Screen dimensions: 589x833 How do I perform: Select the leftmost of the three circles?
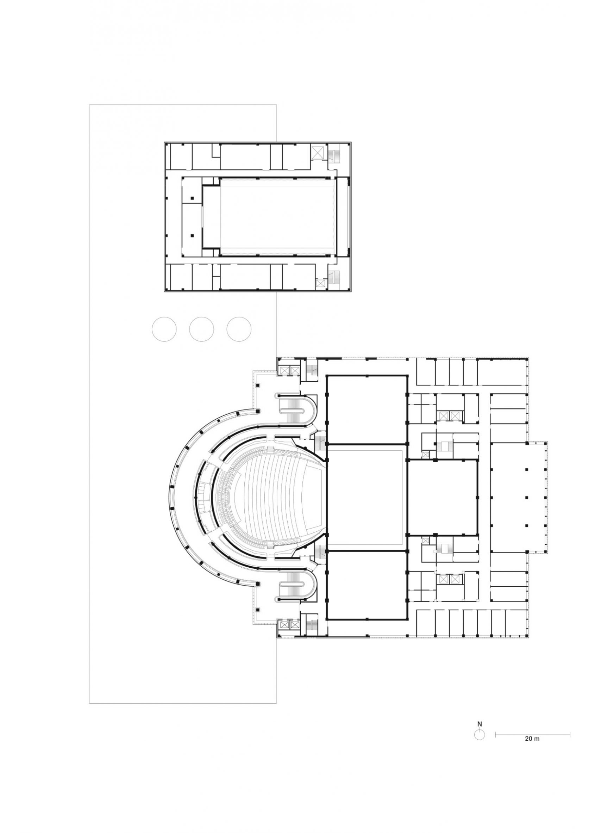click(164, 329)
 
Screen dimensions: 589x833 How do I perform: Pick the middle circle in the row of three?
click(202, 329)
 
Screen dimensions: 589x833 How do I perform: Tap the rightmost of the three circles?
click(239, 329)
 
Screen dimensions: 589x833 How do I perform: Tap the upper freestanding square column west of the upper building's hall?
click(193, 198)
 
